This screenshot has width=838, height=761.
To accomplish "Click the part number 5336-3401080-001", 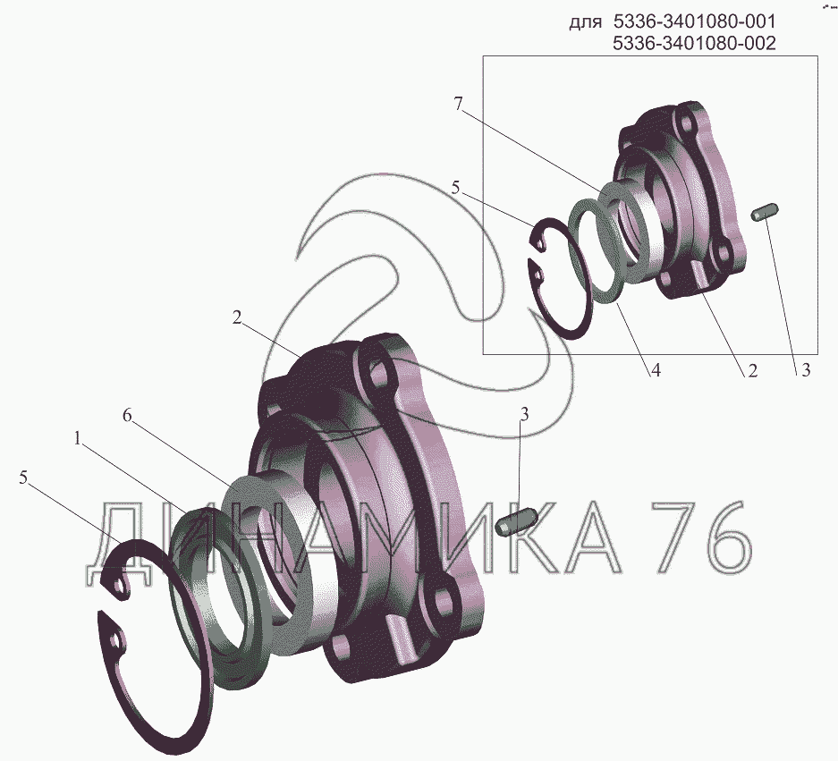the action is pyautogui.click(x=694, y=22).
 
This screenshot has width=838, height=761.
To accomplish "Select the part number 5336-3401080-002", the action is pyautogui.click(x=694, y=43).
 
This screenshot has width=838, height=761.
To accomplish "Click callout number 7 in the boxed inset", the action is pyautogui.click(x=458, y=104).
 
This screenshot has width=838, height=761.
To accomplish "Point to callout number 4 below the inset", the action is pyautogui.click(x=656, y=370).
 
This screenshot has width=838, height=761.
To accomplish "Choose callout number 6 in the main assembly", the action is pyautogui.click(x=127, y=415).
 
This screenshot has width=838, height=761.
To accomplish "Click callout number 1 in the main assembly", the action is pyautogui.click(x=78, y=439).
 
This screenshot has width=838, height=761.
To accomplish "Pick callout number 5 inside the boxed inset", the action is pyautogui.click(x=455, y=188).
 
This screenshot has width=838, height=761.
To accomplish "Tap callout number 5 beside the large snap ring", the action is pyautogui.click(x=23, y=478).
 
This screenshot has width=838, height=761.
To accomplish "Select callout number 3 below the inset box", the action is pyautogui.click(x=806, y=370).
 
